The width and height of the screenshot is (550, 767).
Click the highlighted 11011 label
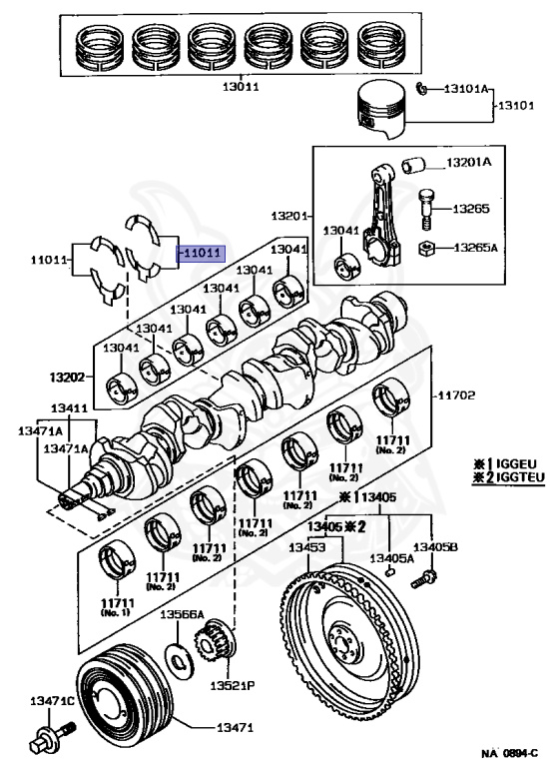coord(201,254)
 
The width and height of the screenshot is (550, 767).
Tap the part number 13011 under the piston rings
coord(241,88)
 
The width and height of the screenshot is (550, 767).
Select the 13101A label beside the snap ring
coord(466,89)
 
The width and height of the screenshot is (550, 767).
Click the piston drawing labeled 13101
coord(382,110)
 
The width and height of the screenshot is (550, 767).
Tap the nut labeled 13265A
coord(427,249)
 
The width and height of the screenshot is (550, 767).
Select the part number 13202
coord(67,378)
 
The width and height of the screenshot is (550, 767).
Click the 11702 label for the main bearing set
coord(455,394)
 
